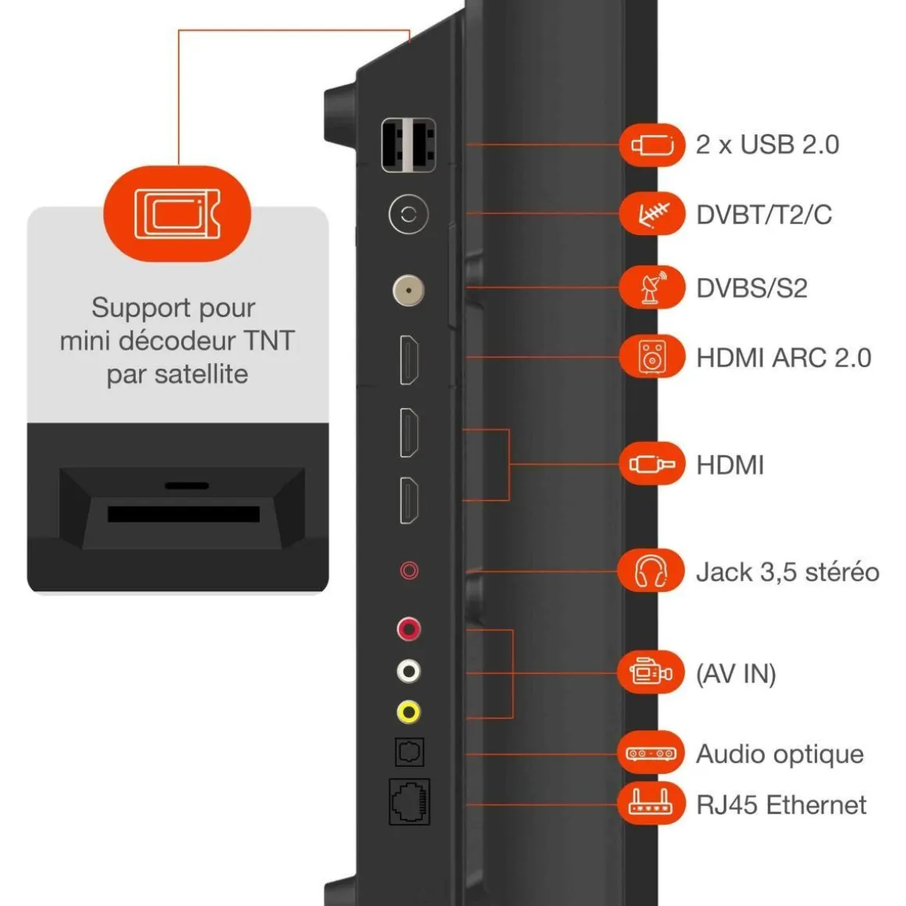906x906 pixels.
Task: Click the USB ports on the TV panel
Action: pos(408,145)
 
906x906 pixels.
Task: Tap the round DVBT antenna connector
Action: pos(408,214)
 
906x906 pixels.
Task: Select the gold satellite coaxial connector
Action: pos(408,291)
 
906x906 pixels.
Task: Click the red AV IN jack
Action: pos(408,629)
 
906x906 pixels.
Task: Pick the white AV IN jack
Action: pos(408,671)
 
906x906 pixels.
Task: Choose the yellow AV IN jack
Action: pos(408,712)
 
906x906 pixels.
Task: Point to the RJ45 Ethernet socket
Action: pos(409,801)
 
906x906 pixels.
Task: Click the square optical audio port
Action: pos(409,752)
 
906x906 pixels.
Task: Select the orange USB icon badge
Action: pos(652,144)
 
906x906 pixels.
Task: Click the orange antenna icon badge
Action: pos(652,213)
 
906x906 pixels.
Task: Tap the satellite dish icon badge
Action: pos(652,287)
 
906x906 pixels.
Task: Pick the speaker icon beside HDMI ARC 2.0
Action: pos(652,358)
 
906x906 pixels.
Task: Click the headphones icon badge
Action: pos(651,572)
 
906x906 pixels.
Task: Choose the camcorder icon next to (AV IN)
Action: pos(651,672)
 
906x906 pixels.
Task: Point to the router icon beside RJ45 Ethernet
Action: pos(651,802)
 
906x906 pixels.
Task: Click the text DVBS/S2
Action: pos(751,288)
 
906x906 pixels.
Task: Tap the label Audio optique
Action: pos(779,754)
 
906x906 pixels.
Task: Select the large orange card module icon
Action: pos(177,213)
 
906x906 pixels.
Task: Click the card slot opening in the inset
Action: pos(184,514)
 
